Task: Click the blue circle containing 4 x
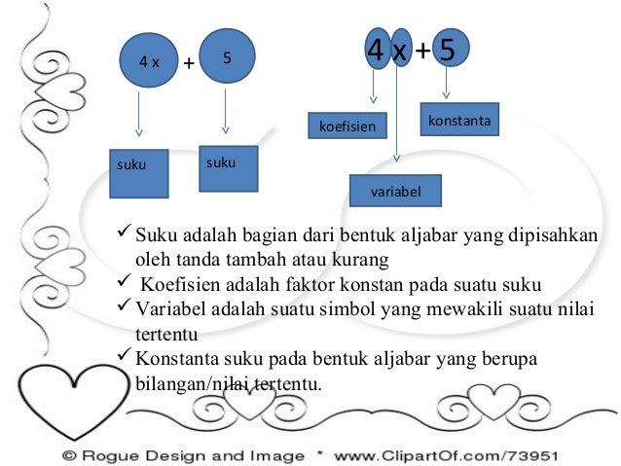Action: point(149,60)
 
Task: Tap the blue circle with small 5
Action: point(227,55)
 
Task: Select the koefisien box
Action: point(347,125)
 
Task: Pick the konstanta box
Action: point(459,119)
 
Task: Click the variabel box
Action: point(395,191)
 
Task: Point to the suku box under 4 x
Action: point(139,173)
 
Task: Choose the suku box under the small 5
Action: point(229,168)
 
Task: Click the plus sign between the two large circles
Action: point(189,62)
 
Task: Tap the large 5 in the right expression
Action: point(447,50)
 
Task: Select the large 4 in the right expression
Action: point(376,50)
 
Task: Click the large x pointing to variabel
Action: point(400,52)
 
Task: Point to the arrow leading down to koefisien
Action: point(373,87)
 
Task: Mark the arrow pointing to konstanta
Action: point(447,83)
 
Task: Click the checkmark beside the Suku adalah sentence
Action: point(124,231)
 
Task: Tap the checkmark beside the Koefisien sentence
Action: point(124,281)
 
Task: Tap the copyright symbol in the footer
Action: point(69,455)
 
